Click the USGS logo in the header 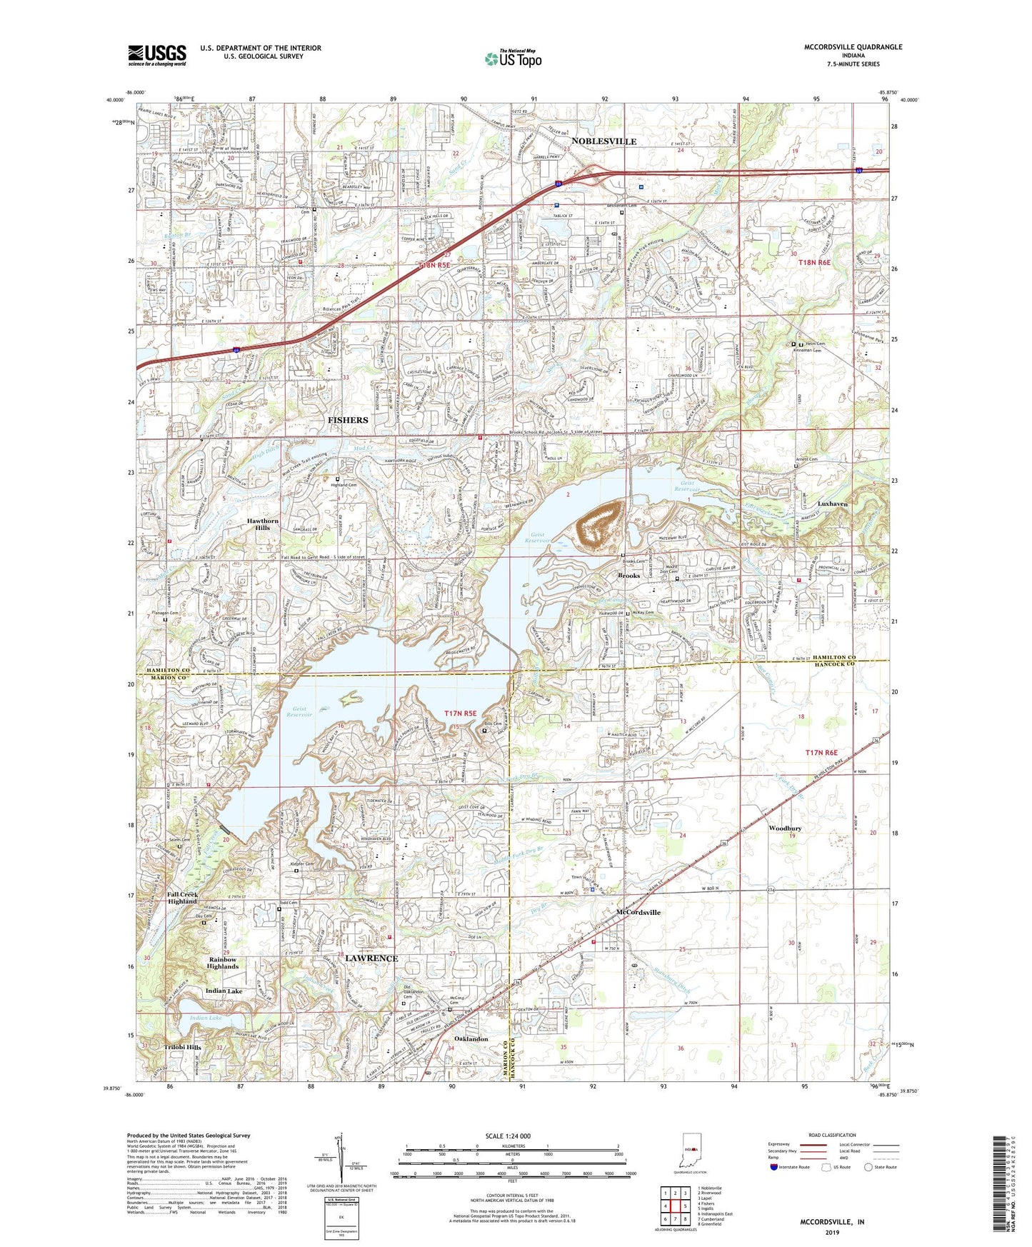point(157,54)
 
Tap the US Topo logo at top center point(513,59)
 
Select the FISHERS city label point(348,420)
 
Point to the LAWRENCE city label point(371,958)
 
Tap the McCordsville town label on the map point(638,912)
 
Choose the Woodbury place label point(785,828)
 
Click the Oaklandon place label point(471,1038)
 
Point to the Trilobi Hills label point(183,1047)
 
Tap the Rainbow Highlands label point(223,963)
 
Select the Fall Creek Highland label point(183,898)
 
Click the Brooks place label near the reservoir point(628,575)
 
